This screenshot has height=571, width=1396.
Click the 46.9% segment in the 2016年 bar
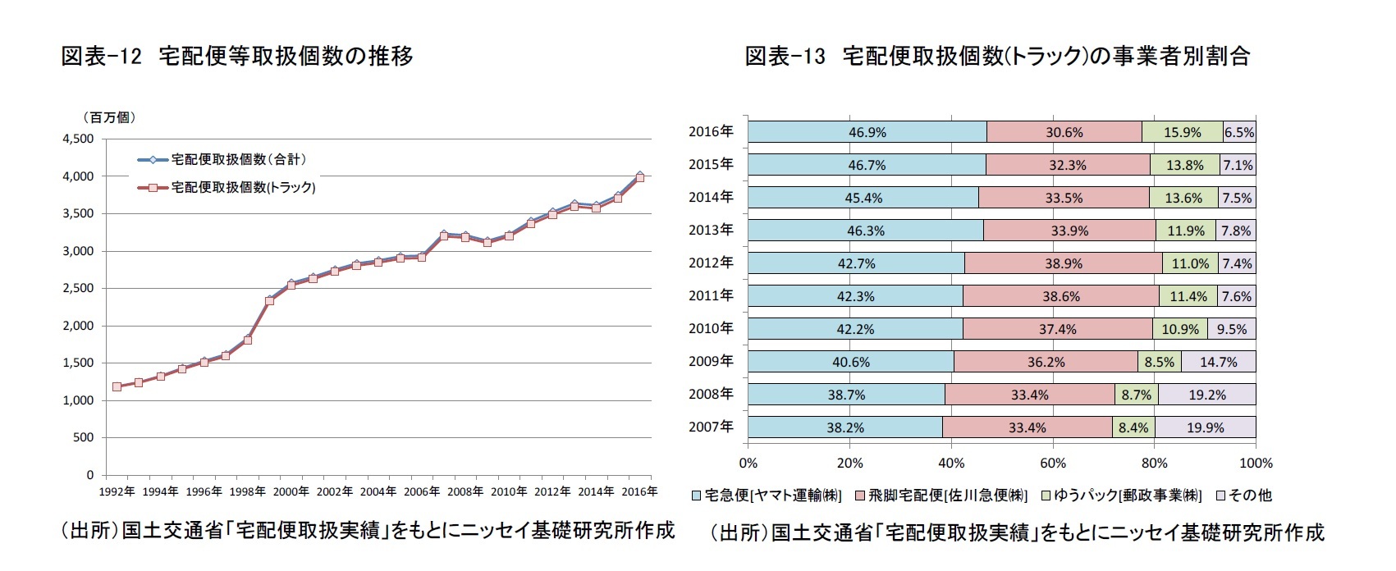[x=867, y=132]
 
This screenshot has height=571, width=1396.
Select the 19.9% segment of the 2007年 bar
[x=1205, y=427]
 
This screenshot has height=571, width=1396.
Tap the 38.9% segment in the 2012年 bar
[x=1064, y=263]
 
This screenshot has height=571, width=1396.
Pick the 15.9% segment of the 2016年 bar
[x=1182, y=132]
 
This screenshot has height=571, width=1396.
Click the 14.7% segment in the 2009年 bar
[x=1218, y=362]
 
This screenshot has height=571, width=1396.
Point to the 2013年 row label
[x=711, y=230]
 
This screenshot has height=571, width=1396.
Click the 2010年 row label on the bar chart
[x=711, y=328]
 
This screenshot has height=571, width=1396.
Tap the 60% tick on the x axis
[x=1052, y=463]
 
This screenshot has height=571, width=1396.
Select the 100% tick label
[x=1256, y=463]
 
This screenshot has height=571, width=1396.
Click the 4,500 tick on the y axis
[x=78, y=139]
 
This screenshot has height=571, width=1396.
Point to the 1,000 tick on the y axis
[x=78, y=400]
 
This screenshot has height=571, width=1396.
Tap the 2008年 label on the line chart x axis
[x=465, y=491]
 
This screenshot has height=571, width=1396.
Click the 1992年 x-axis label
[x=117, y=491]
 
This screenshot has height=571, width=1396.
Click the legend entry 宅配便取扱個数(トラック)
[x=243, y=187]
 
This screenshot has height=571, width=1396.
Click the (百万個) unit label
[x=108, y=117]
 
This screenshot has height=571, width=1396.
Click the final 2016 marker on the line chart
[x=640, y=176]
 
